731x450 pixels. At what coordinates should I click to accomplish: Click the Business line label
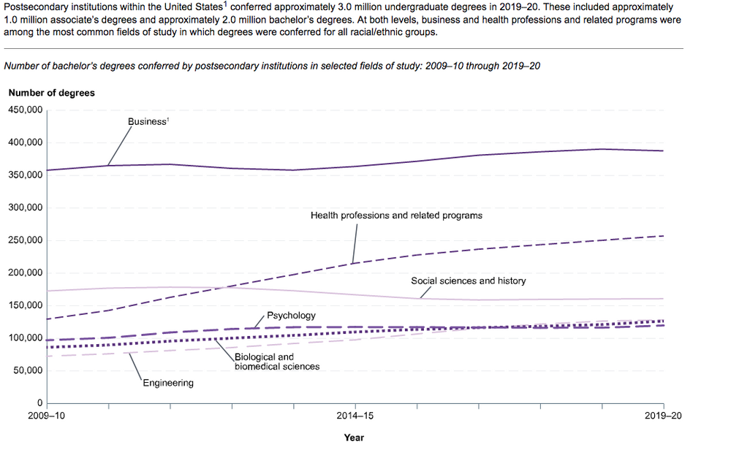148,122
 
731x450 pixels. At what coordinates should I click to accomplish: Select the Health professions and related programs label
396,216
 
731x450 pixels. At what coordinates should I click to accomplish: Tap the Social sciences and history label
468,281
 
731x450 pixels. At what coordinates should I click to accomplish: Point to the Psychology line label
291,316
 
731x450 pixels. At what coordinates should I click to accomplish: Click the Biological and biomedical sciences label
277,362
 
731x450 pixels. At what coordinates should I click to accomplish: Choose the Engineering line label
168,383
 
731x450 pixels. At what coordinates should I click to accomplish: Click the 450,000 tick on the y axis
26,110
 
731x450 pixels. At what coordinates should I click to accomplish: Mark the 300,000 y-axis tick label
26,207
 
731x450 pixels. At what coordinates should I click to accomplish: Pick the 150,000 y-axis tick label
26,305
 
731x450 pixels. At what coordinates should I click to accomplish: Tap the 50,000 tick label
28,370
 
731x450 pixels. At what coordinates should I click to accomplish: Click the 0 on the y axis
40,403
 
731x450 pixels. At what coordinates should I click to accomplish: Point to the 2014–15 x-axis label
355,416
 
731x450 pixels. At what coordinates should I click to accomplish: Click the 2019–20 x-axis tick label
663,416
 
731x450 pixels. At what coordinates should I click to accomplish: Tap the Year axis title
354,438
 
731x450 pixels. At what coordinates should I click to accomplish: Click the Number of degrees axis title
51,93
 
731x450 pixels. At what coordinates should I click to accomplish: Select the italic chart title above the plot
272,66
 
